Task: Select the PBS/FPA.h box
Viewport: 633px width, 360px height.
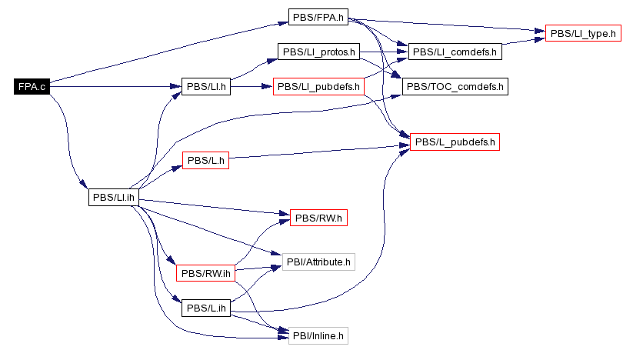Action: tap(318, 16)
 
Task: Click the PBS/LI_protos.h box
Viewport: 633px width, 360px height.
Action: tap(318, 52)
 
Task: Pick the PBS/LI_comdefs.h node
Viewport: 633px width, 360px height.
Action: tap(455, 52)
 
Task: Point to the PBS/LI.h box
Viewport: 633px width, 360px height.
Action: tap(206, 86)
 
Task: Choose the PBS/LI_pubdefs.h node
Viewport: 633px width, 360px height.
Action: tap(318, 86)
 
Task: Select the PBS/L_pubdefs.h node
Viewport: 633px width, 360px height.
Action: tap(455, 142)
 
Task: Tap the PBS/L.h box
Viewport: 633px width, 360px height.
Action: tap(206, 161)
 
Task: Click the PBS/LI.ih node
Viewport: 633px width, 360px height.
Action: tap(114, 197)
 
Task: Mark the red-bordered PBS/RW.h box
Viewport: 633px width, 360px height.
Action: tap(318, 218)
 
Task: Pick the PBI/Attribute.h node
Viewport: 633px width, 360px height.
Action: tap(318, 262)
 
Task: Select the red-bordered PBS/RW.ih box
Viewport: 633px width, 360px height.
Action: tap(205, 272)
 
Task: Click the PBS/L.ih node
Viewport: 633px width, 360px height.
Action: tap(206, 308)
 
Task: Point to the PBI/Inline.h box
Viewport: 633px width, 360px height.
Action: tap(318, 335)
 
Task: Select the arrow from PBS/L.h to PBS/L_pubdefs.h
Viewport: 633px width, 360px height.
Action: tap(319, 152)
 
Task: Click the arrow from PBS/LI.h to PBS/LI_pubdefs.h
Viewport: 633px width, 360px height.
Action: tap(252, 86)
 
